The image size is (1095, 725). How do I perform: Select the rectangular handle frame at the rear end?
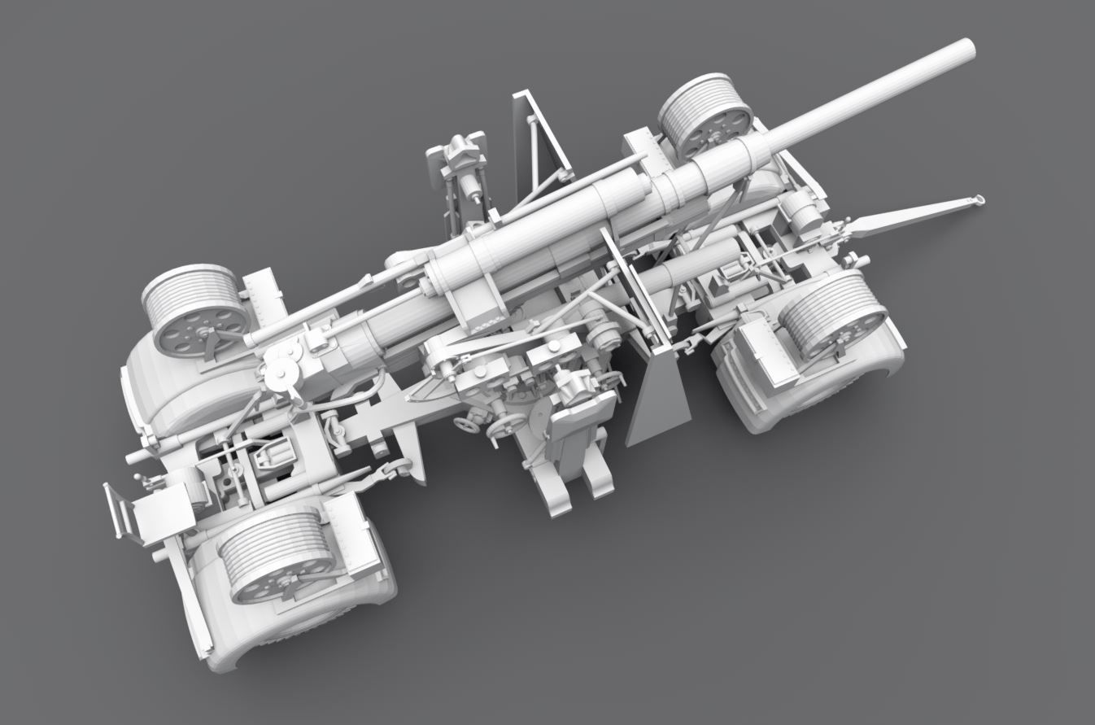[120, 512]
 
